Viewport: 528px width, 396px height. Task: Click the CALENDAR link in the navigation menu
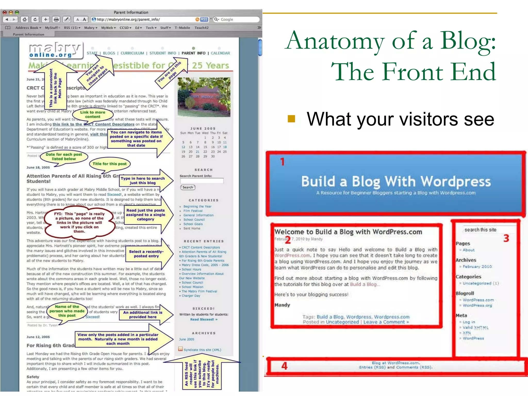pos(220,53)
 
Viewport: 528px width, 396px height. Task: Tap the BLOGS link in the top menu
pos(109,53)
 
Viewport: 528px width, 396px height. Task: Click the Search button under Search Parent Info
pos(188,187)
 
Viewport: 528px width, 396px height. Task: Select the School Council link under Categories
pos(194,220)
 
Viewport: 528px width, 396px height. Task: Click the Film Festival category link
pos(193,211)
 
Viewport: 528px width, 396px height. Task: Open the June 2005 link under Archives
pos(187,339)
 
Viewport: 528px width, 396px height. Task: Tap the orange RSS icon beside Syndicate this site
pos(180,349)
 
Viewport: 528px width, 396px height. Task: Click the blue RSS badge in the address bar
pos(204,19)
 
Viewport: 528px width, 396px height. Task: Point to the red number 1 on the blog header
pos(283,162)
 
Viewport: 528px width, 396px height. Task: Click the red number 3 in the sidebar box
pos(506,238)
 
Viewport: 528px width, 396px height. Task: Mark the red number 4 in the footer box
pos(284,366)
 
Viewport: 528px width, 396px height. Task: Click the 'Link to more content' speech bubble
pos(93,114)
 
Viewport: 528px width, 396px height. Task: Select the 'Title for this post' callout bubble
pos(110,164)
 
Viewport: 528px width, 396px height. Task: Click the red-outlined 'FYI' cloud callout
pos(79,222)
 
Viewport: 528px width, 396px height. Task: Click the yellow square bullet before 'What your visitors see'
pos(291,119)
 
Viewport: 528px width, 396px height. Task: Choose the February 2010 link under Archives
pos(477,267)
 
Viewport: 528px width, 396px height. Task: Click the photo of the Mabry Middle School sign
pos(204,97)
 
